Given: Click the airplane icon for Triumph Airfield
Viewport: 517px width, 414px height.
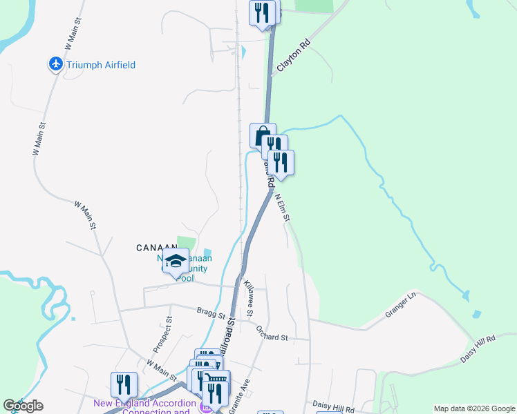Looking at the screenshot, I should [x=56, y=65].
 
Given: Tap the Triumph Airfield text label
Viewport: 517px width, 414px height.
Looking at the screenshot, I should [x=102, y=66].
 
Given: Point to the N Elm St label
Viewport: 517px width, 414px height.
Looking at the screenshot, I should [x=282, y=207].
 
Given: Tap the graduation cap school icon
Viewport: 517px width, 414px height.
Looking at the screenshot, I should [x=176, y=262].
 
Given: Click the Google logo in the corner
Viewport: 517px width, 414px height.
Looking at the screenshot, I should [x=23, y=406].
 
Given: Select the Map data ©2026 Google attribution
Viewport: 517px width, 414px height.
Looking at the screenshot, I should [x=474, y=408].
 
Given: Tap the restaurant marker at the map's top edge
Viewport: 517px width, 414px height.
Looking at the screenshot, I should [x=262, y=13].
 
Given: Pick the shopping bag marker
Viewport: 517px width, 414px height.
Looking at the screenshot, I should [x=263, y=135].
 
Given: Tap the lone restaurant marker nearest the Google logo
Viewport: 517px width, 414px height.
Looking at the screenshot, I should [x=124, y=384].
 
